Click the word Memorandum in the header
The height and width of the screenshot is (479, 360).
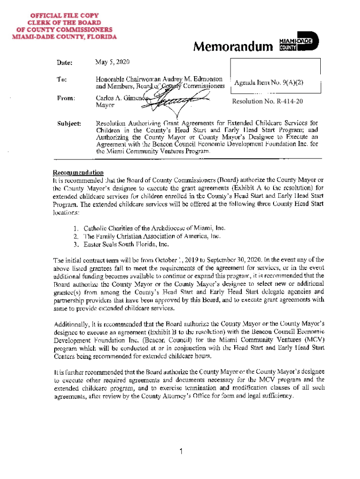(x=233, y=47)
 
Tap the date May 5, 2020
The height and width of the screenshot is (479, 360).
(x=112, y=62)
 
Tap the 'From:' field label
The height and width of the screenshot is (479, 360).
(x=66, y=99)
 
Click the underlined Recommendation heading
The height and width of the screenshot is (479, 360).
(x=78, y=172)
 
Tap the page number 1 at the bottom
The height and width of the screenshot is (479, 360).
(x=180, y=451)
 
